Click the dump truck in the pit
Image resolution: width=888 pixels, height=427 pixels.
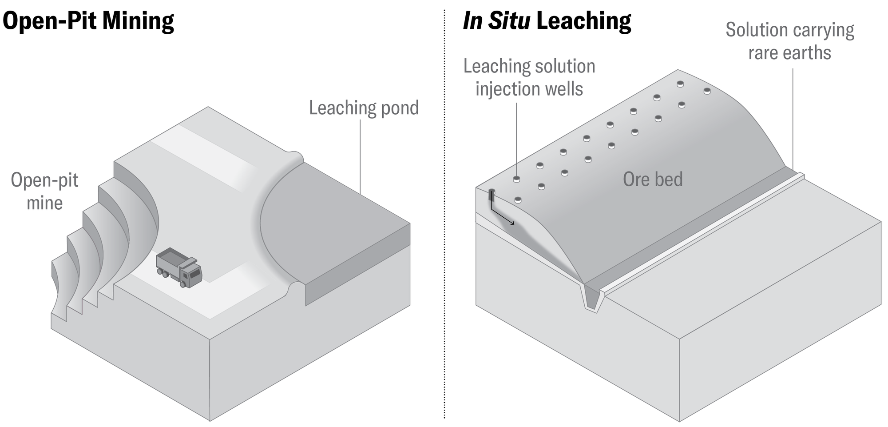tap(179, 267)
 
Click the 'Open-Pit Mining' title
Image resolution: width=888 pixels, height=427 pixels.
tap(88, 21)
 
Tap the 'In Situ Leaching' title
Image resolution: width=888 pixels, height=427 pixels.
tap(547, 21)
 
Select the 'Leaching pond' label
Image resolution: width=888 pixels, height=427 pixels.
tap(364, 108)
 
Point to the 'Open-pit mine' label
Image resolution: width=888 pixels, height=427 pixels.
tap(44, 192)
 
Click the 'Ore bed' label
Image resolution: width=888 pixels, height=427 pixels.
tap(653, 180)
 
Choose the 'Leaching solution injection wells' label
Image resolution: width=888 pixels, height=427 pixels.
tap(529, 77)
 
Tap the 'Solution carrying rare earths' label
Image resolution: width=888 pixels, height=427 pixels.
tap(790, 41)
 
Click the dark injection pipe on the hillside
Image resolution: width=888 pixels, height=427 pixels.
tap(492, 195)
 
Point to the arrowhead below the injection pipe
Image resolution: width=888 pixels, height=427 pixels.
tap(512, 223)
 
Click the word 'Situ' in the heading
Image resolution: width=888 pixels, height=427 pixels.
tap(509, 21)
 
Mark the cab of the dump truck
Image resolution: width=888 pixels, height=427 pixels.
tap(192, 273)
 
